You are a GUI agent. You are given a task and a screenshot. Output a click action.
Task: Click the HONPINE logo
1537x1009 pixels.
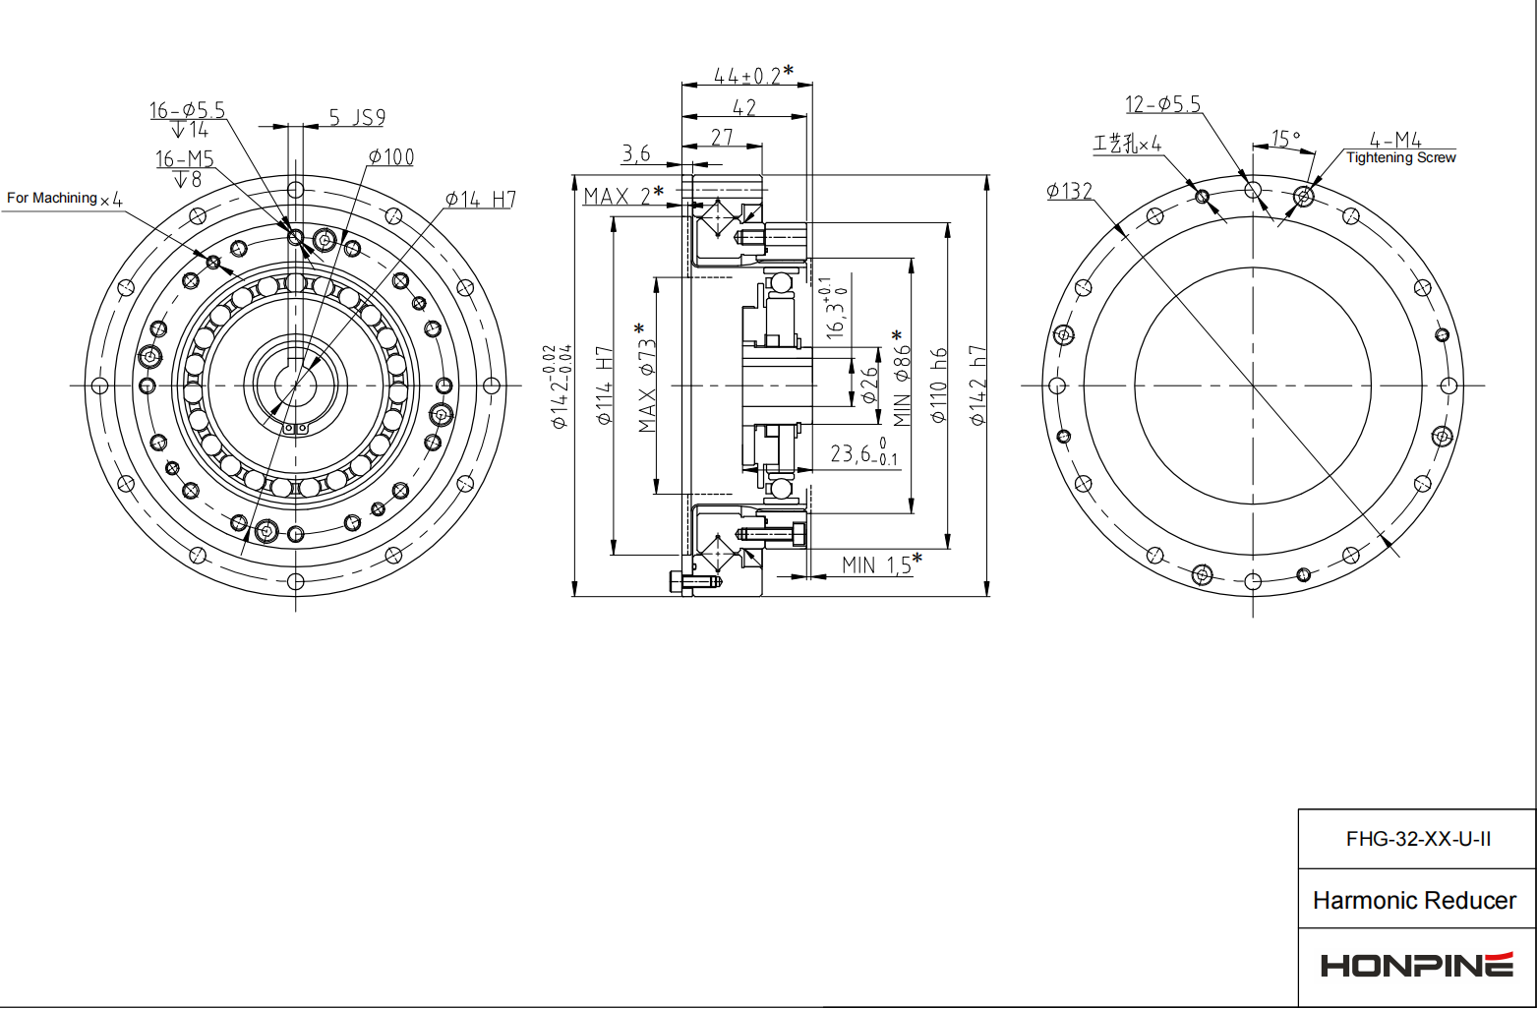(1416, 965)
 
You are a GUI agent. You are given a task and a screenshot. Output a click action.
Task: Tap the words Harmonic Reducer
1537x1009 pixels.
(1414, 900)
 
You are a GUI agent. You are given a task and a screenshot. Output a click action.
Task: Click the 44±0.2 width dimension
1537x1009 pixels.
(747, 76)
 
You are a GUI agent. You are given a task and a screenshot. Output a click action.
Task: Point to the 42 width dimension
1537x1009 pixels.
(744, 107)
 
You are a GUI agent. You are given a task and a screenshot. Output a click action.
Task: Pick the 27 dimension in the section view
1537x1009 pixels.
(722, 137)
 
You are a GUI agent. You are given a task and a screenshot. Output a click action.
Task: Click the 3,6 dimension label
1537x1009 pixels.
(636, 153)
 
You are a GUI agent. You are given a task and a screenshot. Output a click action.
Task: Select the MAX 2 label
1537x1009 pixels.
(620, 196)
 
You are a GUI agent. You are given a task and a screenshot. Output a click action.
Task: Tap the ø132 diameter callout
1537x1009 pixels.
(1069, 191)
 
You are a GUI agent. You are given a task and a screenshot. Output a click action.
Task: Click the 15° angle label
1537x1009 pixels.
(1285, 139)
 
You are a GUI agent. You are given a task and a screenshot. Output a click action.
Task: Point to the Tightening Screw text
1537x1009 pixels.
(1400, 158)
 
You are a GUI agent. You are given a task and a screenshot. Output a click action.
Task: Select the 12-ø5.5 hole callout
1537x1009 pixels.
(1162, 104)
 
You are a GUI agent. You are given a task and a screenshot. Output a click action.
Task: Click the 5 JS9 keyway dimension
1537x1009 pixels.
(356, 118)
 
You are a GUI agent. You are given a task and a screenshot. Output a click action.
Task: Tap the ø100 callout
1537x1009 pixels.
(391, 157)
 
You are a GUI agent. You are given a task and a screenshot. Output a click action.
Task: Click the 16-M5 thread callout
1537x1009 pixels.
(184, 159)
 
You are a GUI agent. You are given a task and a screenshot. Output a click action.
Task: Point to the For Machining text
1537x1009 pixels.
(52, 199)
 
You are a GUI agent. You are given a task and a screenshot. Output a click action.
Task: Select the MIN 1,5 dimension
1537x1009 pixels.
(878, 564)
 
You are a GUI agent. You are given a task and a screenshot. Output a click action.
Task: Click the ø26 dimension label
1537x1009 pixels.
(869, 384)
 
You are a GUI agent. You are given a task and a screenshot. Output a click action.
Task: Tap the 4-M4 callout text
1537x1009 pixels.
(1395, 141)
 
